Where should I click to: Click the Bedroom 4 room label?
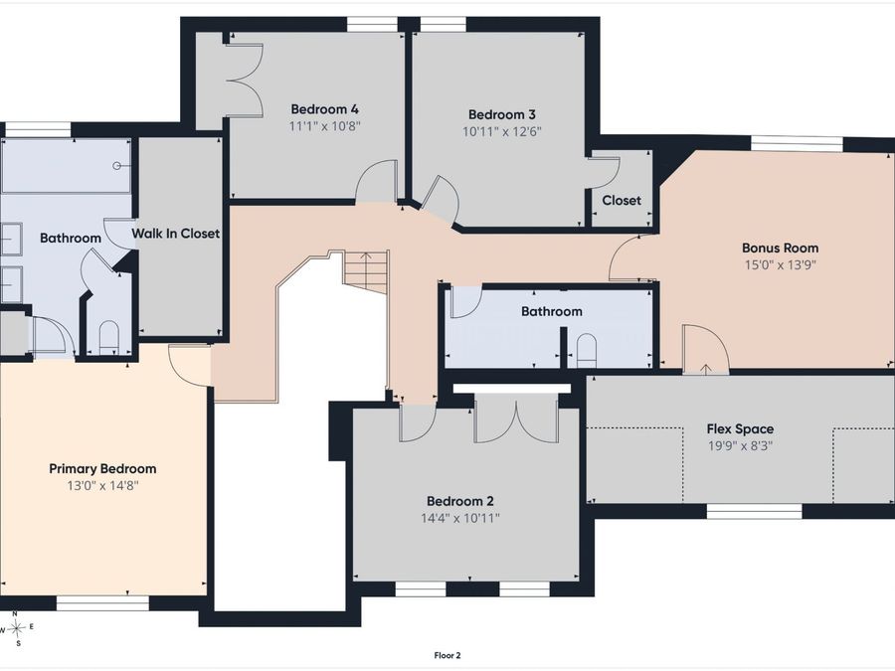(325, 109)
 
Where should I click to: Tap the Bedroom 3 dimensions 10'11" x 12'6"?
(502, 132)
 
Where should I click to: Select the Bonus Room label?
(780, 248)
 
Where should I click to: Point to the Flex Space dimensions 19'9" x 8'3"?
(740, 445)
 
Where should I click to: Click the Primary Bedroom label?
(102, 469)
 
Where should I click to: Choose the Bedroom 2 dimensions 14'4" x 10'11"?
(460, 518)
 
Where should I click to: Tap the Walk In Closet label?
(176, 234)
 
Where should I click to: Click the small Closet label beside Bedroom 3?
(622, 200)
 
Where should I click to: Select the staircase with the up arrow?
(366, 270)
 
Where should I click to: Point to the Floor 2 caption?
(447, 656)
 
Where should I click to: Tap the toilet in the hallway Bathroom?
(586, 350)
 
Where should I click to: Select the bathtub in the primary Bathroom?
(66, 165)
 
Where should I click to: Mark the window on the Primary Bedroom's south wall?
(102, 603)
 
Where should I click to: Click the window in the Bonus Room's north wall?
(797, 143)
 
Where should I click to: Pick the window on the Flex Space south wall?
(755, 511)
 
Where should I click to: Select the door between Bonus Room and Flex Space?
(706, 350)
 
